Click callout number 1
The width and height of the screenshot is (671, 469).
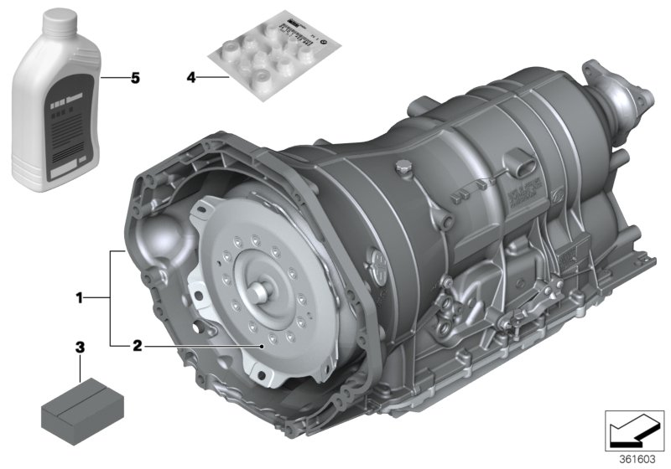(x=80, y=296)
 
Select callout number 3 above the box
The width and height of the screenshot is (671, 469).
(x=80, y=345)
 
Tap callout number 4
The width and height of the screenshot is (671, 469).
(x=191, y=78)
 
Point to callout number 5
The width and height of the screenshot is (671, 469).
(x=134, y=78)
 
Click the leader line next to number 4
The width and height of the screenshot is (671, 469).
(x=214, y=78)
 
